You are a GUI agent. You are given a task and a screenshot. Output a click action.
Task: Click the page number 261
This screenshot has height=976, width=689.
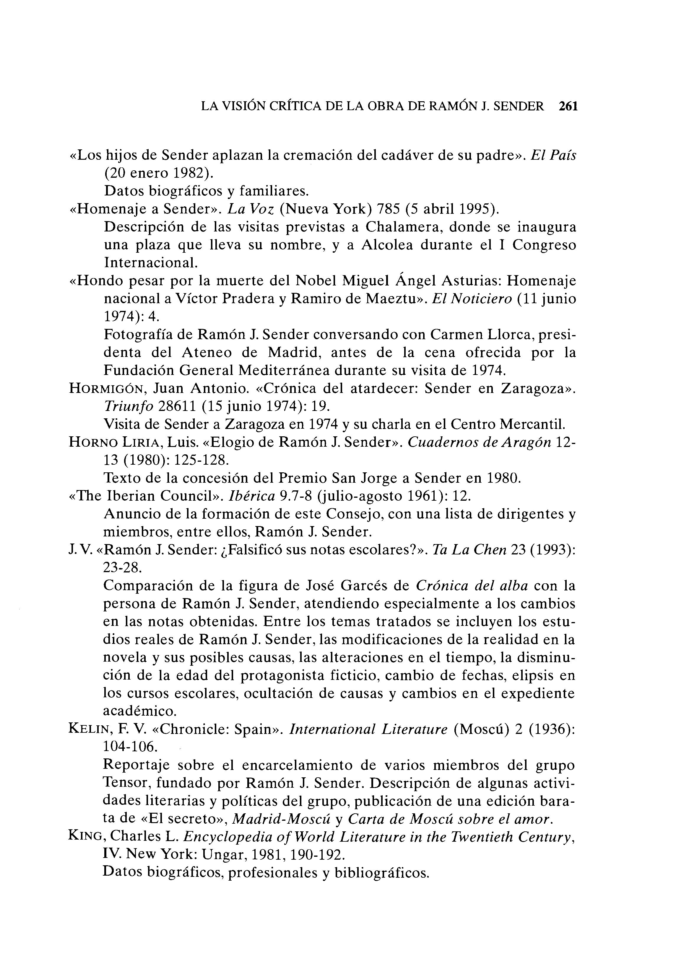click(568, 106)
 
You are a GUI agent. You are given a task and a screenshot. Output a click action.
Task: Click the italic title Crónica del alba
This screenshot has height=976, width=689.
click(472, 585)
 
